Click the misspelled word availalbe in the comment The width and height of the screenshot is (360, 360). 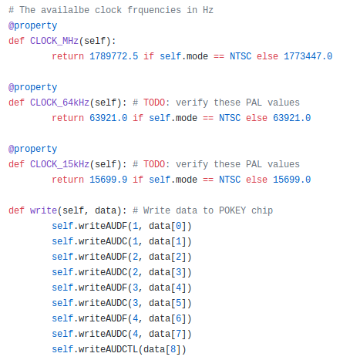click(66, 10)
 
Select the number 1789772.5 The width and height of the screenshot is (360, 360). click(113, 56)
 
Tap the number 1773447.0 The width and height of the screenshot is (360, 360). click(308, 56)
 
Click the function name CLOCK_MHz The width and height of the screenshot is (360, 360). click(54, 41)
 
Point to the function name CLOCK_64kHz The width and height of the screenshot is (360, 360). click(59, 103)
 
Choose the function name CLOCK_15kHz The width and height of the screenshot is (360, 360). click(59, 164)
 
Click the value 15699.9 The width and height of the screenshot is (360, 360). click(108, 180)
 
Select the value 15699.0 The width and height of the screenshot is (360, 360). click(291, 180)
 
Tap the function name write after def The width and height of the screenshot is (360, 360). click(43, 210)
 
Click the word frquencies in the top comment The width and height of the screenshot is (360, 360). click(154, 10)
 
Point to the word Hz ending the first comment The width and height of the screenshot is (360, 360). click(208, 10)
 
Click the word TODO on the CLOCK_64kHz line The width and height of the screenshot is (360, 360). click(154, 103)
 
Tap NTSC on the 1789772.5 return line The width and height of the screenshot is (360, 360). click(241, 56)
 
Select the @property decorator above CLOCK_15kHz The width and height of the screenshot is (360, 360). click(32, 150)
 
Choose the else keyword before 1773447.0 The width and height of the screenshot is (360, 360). click(267, 56)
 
